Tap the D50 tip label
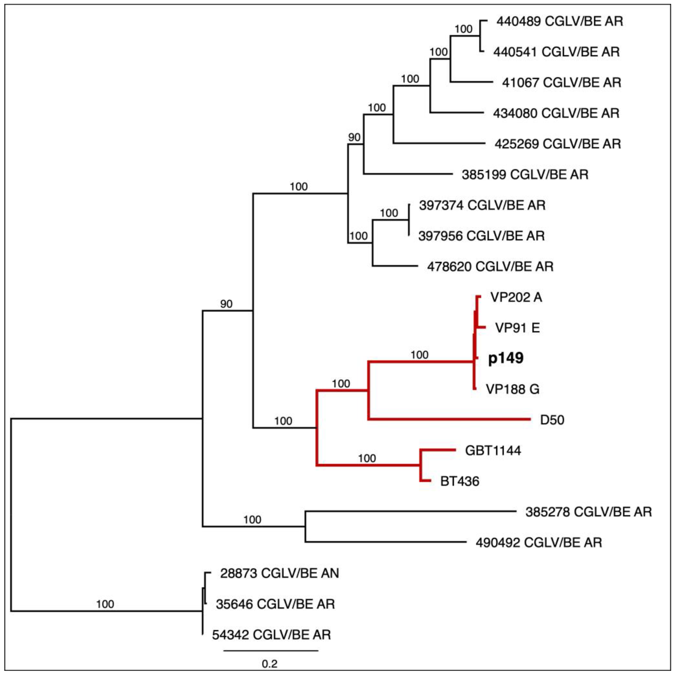pyautogui.click(x=552, y=420)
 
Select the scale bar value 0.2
pyautogui.click(x=270, y=664)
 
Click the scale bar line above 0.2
pyautogui.click(x=271, y=651)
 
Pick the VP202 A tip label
pyautogui.click(x=516, y=297)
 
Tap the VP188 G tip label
pyautogui.click(x=512, y=389)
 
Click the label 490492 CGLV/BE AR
pyautogui.click(x=539, y=543)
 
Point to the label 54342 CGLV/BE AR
pyautogui.click(x=271, y=635)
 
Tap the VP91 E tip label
pyautogui.click(x=517, y=328)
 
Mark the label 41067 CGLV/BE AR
pyautogui.click(x=561, y=83)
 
